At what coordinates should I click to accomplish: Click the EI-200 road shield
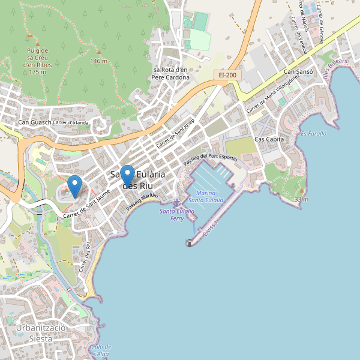point(227,75)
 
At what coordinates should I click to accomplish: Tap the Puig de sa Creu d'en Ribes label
point(37,61)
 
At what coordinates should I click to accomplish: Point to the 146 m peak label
point(98,61)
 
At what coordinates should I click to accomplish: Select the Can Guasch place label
point(34,123)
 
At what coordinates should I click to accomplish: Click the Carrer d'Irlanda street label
point(71,123)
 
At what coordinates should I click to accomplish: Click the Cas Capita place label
point(269,139)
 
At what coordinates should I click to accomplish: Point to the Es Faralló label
point(313,134)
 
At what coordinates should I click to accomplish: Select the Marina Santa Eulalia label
point(205,196)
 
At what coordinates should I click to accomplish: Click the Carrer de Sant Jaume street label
point(86,203)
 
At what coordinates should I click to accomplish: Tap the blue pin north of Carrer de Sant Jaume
point(74,185)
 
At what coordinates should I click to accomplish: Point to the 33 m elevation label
point(301,199)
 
